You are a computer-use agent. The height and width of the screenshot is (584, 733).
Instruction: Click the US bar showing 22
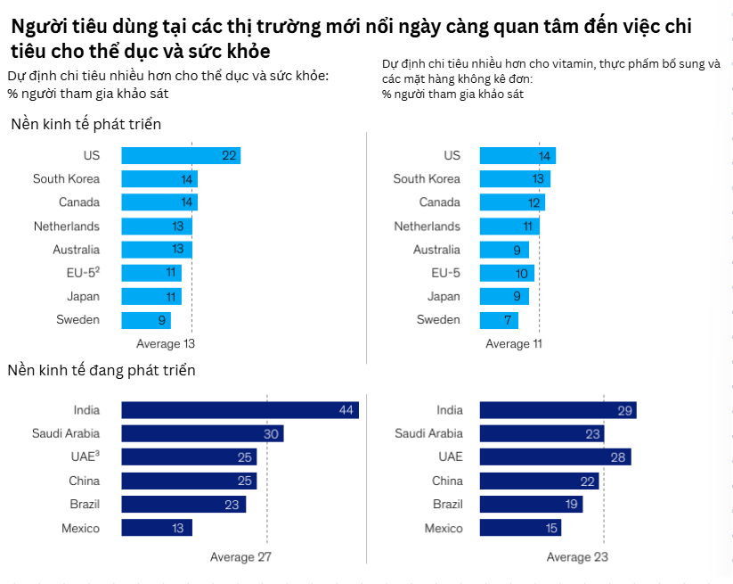(x=180, y=156)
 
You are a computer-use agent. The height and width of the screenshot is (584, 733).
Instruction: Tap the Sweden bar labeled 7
(x=498, y=320)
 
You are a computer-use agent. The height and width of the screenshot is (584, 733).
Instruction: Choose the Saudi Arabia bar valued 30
(x=201, y=433)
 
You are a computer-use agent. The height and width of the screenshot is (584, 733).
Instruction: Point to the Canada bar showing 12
(x=511, y=202)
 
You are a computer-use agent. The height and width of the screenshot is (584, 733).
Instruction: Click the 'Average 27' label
(x=240, y=557)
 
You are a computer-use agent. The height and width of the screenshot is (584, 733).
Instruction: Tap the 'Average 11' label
(x=514, y=344)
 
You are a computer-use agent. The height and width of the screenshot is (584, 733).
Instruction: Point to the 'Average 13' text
(x=165, y=343)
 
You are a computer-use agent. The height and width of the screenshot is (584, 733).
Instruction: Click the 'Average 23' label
(x=577, y=557)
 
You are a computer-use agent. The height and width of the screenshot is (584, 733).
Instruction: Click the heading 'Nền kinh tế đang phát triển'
(x=102, y=370)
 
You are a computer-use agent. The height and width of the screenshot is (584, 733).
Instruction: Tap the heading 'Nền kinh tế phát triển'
(x=86, y=124)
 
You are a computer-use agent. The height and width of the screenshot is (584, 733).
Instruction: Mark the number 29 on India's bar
(x=625, y=410)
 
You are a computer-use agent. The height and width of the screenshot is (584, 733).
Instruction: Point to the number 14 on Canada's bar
(x=187, y=202)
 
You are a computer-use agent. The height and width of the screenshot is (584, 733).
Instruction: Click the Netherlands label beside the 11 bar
(x=428, y=226)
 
